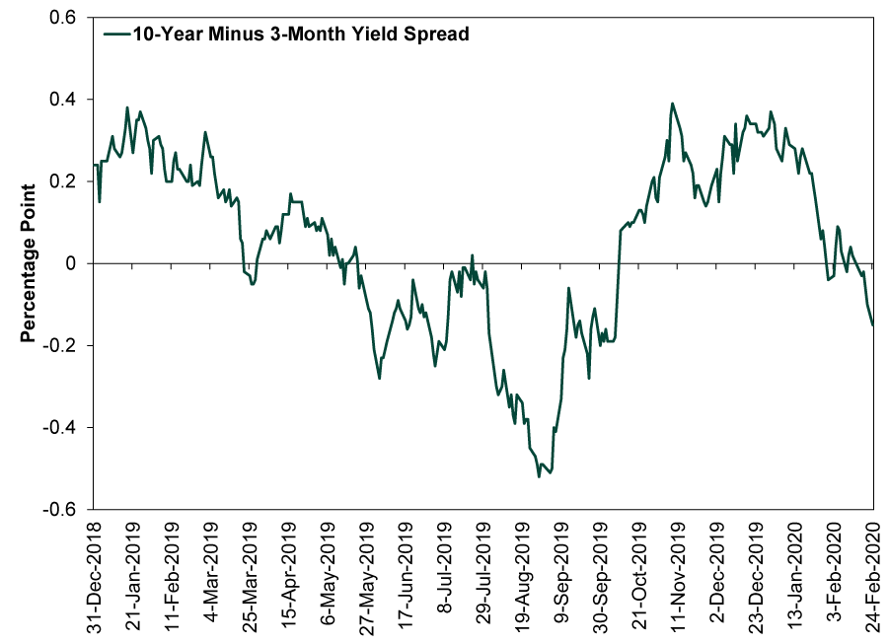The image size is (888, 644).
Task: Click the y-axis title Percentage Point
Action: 30,261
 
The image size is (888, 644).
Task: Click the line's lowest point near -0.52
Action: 539,476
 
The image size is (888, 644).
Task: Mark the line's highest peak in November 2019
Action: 672,103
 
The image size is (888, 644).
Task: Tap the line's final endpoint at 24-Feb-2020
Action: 873,324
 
